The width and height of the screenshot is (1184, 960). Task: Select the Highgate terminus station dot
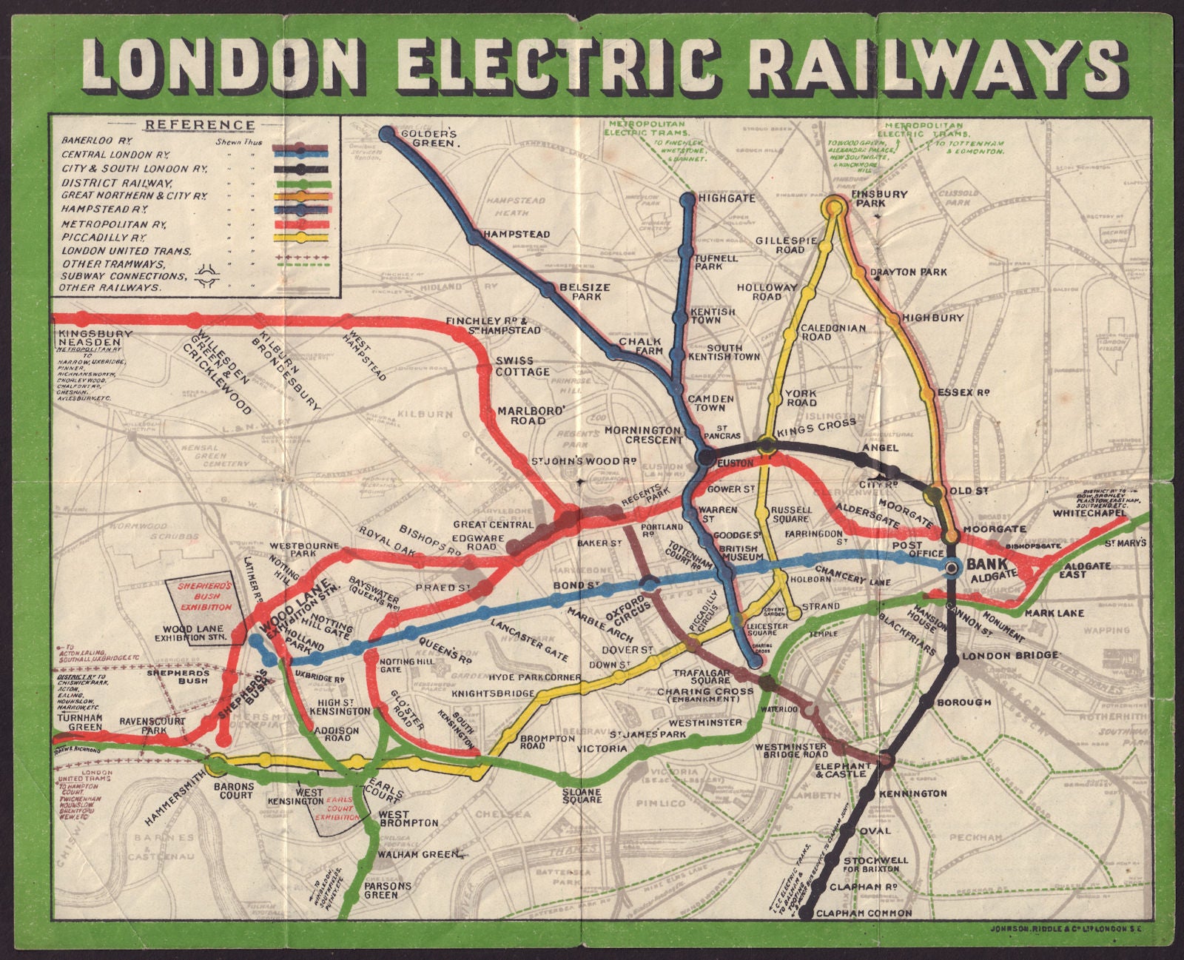688,198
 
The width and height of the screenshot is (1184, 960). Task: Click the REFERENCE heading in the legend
199,125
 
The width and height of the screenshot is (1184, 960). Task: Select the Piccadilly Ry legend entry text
104,238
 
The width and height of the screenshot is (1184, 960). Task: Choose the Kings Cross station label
815,427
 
